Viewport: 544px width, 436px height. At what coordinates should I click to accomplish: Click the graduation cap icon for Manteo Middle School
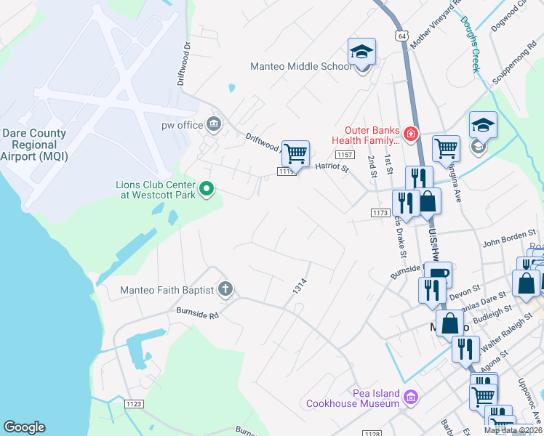pos(361,52)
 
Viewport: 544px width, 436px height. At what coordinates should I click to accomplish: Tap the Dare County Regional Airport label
pos(34,145)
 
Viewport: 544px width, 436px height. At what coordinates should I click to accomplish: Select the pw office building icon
pos(214,125)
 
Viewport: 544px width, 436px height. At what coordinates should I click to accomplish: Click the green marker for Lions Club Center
pos(207,190)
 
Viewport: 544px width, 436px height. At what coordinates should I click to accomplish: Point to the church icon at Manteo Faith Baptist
pos(225,290)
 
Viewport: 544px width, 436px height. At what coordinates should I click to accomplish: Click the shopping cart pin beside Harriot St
pos(295,154)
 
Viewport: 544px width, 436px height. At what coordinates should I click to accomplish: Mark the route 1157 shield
pos(345,155)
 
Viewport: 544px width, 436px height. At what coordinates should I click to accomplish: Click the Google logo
pos(24,427)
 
